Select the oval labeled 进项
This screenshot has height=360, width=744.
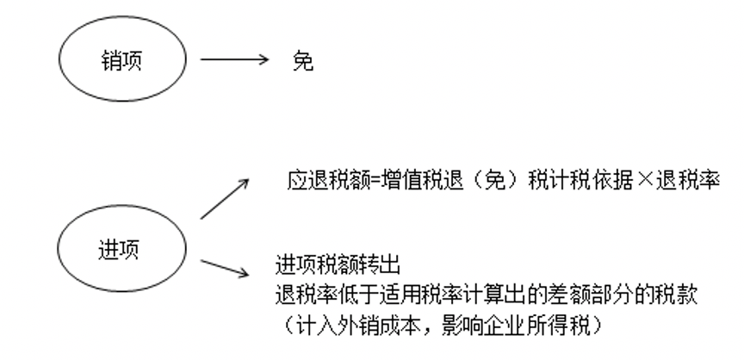tap(122, 251)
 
